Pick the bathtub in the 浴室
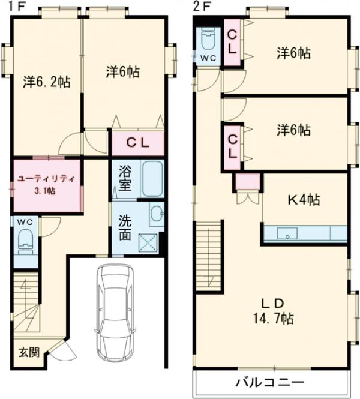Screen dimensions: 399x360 click(x=152, y=179)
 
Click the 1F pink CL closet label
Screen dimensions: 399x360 click(x=137, y=143)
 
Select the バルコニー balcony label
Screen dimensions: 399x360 click(x=269, y=382)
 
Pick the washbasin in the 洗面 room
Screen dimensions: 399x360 click(x=157, y=213)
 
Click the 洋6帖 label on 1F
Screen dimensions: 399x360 click(x=123, y=72)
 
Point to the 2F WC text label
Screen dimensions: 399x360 click(x=208, y=58)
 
